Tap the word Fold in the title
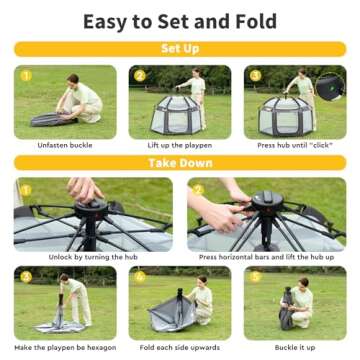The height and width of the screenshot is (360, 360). click(x=256, y=22)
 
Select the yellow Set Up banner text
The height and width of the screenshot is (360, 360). click(x=180, y=47)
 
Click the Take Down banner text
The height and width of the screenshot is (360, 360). click(x=180, y=163)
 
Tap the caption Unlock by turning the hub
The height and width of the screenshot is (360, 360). click(x=93, y=258)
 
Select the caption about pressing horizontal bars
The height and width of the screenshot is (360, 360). click(x=266, y=258)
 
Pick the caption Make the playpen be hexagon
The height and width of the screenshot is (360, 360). click(x=65, y=347)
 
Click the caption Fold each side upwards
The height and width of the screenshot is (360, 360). click(x=180, y=347)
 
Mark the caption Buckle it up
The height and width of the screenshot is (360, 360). click(x=295, y=347)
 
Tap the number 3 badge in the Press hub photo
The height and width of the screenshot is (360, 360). click(x=256, y=75)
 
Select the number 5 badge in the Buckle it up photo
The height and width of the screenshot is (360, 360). click(x=256, y=276)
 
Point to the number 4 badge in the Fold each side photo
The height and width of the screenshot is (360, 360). click(x=141, y=276)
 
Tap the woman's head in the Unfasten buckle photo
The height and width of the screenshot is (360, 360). click(x=73, y=81)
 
